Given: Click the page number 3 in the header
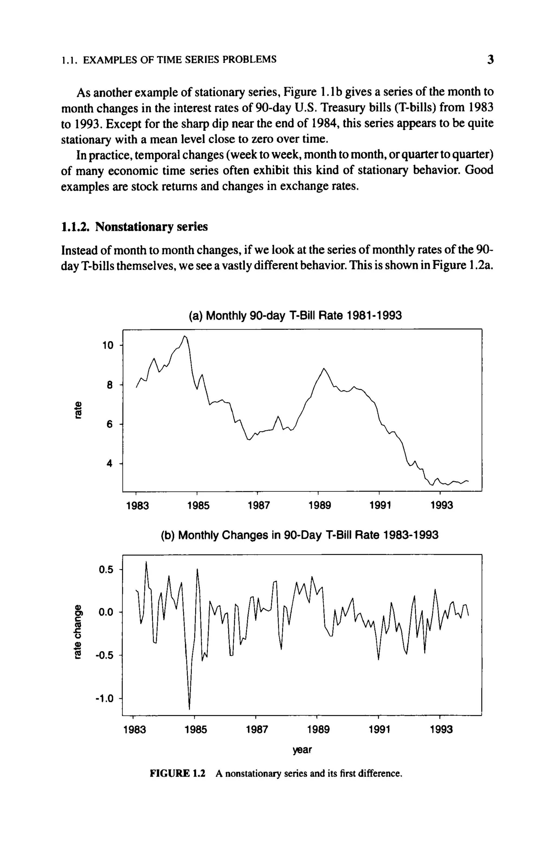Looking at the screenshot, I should pyautogui.click(x=490, y=59).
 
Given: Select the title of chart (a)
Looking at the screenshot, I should pyautogui.click(x=295, y=316).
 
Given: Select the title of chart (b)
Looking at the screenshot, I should pyautogui.click(x=299, y=535).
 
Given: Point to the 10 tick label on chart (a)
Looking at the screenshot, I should pyautogui.click(x=108, y=345).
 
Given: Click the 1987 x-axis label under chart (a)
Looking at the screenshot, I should pyautogui.click(x=259, y=506).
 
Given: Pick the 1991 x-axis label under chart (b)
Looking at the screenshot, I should pyautogui.click(x=380, y=729).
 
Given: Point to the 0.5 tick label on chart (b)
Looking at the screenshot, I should pyautogui.click(x=106, y=570).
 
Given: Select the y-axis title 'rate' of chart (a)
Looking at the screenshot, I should pyautogui.click(x=77, y=410).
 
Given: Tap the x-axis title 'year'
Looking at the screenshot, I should pyautogui.click(x=302, y=750).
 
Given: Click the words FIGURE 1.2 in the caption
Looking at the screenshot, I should pyautogui.click(x=177, y=773).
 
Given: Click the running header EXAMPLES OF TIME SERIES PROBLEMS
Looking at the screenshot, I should pyautogui.click(x=179, y=59).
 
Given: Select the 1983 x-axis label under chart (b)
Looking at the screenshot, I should pyautogui.click(x=134, y=729).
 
